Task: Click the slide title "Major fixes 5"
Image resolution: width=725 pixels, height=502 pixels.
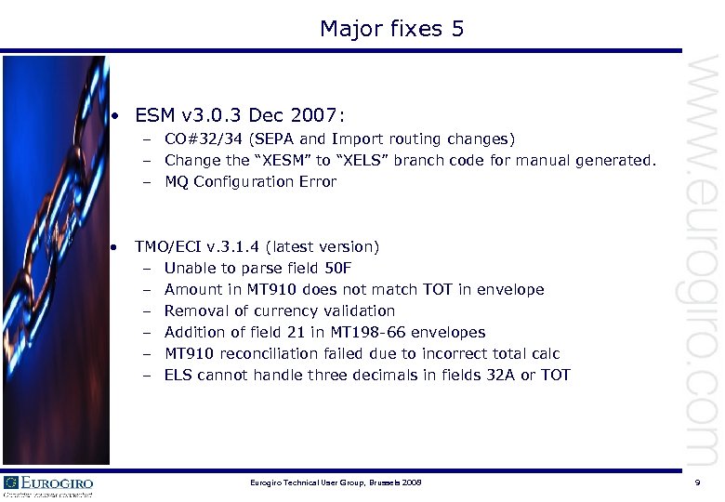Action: click(391, 29)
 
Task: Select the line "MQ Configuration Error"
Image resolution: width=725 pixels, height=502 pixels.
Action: click(250, 181)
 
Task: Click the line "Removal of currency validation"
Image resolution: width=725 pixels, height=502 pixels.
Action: click(279, 310)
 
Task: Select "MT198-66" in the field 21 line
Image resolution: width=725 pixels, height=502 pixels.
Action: click(368, 332)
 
